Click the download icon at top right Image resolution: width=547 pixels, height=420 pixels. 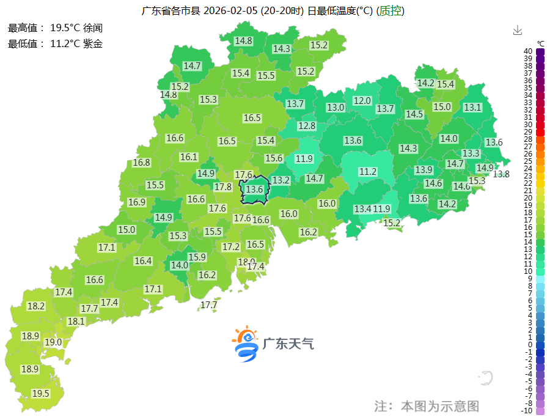tap(518, 30)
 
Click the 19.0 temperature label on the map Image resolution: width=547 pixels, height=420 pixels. tap(53, 342)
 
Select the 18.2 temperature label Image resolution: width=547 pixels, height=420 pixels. tap(36, 306)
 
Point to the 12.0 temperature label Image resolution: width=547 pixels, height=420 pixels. tap(362, 100)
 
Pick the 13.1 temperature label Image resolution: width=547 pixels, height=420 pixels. tap(472, 107)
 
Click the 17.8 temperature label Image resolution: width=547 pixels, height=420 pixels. tap(222, 187)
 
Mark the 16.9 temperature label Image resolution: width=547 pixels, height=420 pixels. tap(137, 202)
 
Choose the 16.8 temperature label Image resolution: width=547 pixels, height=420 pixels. tap(141, 163)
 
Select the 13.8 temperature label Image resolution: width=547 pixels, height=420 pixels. tap(501, 174)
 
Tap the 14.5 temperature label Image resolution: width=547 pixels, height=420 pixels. tap(414, 114)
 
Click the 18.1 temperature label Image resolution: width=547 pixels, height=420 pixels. tap(76, 321)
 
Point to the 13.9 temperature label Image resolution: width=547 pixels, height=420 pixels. tap(424, 169)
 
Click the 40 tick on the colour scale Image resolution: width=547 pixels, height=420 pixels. tap(527, 51)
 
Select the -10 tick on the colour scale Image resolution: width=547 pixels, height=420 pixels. tap(526, 410)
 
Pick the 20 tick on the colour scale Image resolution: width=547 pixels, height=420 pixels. tap(527, 197)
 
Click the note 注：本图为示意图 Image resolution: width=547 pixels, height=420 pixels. tap(427, 405)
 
